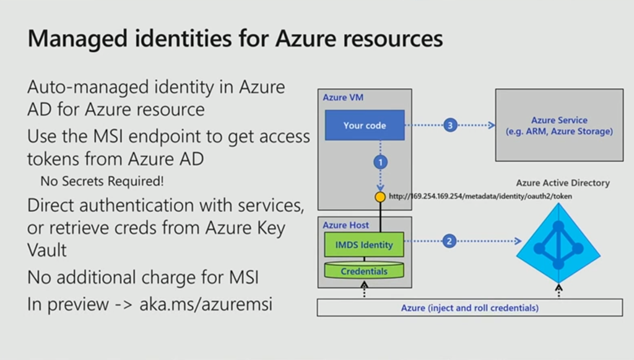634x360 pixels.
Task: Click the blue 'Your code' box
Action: pyautogui.click(x=365, y=125)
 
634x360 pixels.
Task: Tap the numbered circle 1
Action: pyautogui.click(x=381, y=162)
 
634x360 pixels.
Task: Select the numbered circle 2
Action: pyautogui.click(x=449, y=241)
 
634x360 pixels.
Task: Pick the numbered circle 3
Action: pyautogui.click(x=449, y=125)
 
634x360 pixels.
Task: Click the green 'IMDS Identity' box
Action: pyautogui.click(x=364, y=245)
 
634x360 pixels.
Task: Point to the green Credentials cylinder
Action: pyautogui.click(x=364, y=271)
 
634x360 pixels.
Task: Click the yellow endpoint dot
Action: pyautogui.click(x=381, y=196)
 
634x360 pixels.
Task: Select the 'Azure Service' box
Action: pyautogui.click(x=559, y=126)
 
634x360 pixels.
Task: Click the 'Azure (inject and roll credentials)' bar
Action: pyautogui.click(x=469, y=307)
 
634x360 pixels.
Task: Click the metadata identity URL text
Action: pyautogui.click(x=480, y=196)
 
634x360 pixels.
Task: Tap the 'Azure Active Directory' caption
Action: pyautogui.click(x=563, y=183)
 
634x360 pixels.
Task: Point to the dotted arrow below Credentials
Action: pyautogui.click(x=364, y=289)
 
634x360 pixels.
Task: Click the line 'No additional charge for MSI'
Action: pyautogui.click(x=142, y=278)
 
